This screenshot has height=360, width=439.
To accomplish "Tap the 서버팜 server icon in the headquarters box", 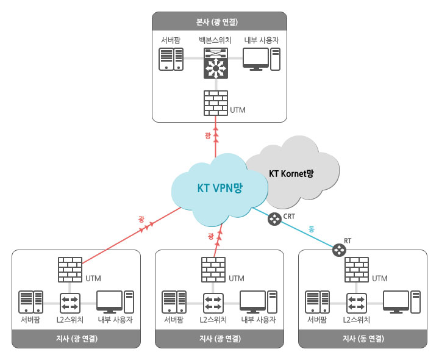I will pyautogui.click(x=171, y=59).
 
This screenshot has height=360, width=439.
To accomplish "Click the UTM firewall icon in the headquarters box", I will pyautogui.click(x=215, y=103).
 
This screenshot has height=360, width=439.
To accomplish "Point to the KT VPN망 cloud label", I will pyautogui.click(x=220, y=188).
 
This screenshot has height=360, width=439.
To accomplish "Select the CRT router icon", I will pyautogui.click(x=274, y=218).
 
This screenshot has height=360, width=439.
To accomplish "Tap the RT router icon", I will pyautogui.click(x=338, y=250).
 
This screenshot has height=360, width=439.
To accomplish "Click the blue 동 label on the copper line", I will pyautogui.click(x=311, y=229).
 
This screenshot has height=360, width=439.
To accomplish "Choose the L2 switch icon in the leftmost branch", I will pyautogui.click(x=70, y=301).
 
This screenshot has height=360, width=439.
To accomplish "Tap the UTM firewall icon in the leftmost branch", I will pyautogui.click(x=70, y=270).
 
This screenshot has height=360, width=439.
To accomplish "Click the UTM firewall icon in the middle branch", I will pyautogui.click(x=214, y=270).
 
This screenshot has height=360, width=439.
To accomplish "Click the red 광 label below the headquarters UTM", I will pyautogui.click(x=209, y=135).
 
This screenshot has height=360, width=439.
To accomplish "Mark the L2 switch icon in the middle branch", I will pyautogui.click(x=213, y=301).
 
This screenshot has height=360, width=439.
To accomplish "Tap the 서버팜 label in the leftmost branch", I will pyautogui.click(x=30, y=319).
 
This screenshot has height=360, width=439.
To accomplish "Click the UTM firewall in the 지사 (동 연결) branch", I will pyautogui.click(x=357, y=270).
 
